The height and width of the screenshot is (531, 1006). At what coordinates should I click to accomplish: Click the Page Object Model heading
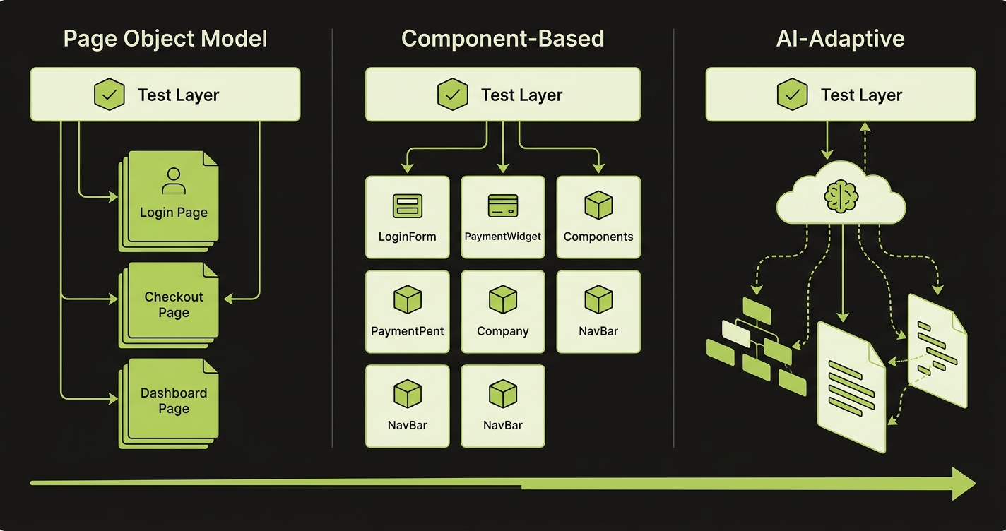(165, 38)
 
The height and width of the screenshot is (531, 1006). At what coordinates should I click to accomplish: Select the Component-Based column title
(502, 38)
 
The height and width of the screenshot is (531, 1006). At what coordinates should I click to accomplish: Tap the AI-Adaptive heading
(840, 38)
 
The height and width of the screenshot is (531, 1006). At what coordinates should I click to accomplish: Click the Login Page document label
(173, 213)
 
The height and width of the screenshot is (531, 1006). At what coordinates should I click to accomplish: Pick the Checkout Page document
(173, 305)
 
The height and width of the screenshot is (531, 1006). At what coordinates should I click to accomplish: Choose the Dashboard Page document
(173, 400)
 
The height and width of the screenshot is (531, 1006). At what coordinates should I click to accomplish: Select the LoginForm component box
(407, 217)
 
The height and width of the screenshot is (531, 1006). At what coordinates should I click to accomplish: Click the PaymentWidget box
(502, 217)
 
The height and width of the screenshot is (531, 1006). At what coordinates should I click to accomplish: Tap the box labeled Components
(598, 217)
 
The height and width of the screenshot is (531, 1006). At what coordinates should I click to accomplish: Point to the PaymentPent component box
(407, 311)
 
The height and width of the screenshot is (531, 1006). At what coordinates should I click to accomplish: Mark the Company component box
(502, 311)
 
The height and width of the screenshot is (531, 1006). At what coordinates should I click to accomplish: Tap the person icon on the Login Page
(173, 181)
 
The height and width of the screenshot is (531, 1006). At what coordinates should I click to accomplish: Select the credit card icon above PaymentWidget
(503, 205)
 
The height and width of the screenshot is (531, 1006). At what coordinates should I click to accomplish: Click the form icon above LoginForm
(407, 205)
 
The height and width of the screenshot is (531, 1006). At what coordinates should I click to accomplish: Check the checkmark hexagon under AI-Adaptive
(793, 95)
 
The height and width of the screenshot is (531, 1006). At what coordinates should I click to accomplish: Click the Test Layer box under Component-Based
(502, 95)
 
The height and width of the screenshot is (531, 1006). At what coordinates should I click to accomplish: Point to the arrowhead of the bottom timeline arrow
(964, 484)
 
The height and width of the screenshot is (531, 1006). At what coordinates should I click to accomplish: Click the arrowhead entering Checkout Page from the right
(228, 299)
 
